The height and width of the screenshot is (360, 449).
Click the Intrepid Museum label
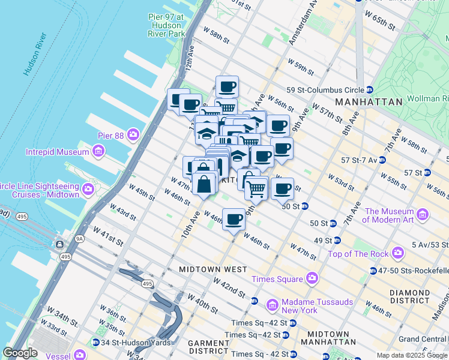[x=58, y=152]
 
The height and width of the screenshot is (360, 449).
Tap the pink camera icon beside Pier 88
[x=133, y=135]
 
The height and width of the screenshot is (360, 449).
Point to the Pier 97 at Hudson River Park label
[x=166, y=25]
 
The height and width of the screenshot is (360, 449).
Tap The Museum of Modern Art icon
[x=423, y=214]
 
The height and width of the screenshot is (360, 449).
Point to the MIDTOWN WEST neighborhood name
[x=212, y=269]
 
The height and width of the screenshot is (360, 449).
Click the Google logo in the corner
[x=20, y=353]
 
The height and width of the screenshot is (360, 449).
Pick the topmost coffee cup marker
[x=227, y=86]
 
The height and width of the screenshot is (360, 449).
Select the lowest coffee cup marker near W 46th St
[x=234, y=218]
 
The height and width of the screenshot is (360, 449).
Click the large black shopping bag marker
[x=204, y=184]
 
